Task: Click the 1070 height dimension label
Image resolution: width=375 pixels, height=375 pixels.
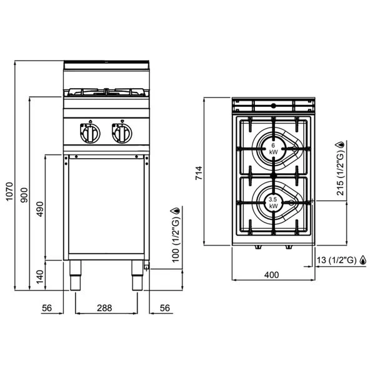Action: pos(9,192)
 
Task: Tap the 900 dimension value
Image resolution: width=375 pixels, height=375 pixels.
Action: pos(24,195)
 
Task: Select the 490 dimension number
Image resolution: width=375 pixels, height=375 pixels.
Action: pos(40,209)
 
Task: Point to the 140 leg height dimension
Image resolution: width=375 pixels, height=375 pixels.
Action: pos(40,277)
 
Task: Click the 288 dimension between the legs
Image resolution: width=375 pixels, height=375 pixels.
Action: pos(104,308)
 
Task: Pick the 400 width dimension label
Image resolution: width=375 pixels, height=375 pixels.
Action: pos(271,275)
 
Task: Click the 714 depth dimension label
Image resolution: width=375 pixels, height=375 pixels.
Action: pos(199,173)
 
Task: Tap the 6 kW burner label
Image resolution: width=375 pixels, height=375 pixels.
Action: pos(273,149)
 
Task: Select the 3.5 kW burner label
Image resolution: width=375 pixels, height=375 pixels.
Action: pos(273,202)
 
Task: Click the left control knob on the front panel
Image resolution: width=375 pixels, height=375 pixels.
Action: pos(90,134)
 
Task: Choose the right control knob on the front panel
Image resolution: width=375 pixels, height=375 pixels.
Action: pos(122,134)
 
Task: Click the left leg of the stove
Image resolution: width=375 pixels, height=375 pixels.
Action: pos(76,275)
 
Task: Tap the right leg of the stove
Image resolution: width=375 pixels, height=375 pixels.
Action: pos(137,275)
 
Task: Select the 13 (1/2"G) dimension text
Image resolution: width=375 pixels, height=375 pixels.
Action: pos(337,260)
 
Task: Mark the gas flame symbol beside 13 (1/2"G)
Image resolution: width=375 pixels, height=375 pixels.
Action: pos(363,260)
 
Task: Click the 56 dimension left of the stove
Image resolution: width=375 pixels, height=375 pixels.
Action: pos(47,308)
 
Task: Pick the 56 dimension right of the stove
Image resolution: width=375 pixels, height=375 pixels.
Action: pos(165,308)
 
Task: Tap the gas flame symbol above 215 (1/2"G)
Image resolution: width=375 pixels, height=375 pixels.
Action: pos(340,145)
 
